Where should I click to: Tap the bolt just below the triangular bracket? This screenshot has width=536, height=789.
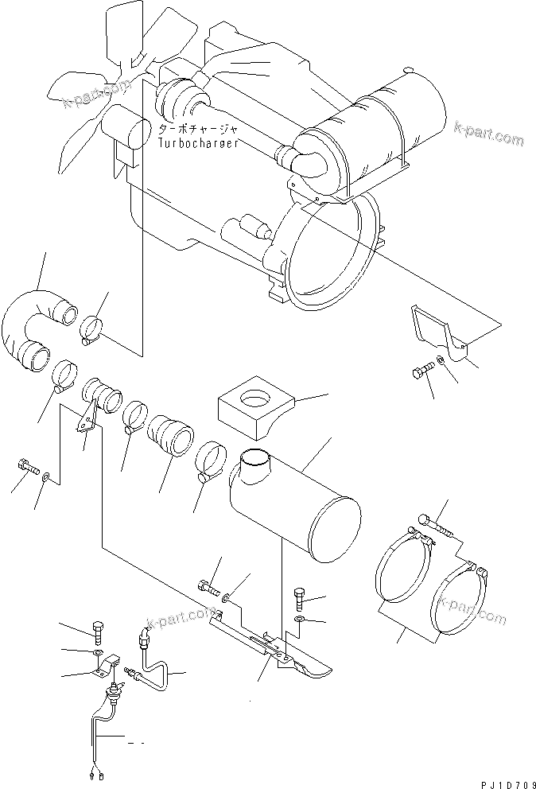coord(425,371)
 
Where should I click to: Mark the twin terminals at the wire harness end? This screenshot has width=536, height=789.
coord(97,775)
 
